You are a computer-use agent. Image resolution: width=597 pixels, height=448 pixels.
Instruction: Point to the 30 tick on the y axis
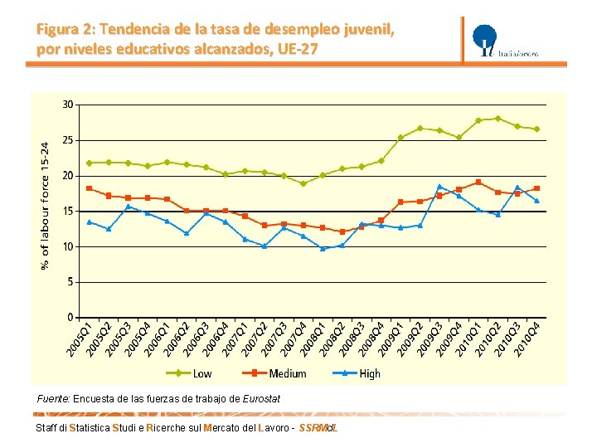pos(67,105)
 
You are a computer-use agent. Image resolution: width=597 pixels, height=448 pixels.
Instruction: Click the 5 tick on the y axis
pos(70,282)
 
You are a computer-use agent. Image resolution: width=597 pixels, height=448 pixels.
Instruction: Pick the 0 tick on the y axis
pos(70,318)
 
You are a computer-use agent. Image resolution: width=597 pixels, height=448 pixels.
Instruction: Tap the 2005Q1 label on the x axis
pos(80,340)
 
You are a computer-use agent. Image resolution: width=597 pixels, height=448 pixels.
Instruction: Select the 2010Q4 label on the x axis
pos(527,340)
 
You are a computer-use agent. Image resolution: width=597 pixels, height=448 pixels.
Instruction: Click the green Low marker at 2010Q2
pos(498,119)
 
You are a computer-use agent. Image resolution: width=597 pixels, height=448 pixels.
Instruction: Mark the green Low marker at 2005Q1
pos(89,163)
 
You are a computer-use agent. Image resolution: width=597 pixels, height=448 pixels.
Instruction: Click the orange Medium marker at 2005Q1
pos(89,188)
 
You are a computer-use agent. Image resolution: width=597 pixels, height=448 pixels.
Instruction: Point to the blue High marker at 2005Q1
pos(89,222)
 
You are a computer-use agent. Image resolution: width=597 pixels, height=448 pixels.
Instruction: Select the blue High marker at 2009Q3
pos(439,187)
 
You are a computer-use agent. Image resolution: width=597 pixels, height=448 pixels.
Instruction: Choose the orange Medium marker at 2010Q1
pos(478,182)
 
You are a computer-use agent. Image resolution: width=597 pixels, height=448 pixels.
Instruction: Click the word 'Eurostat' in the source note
pos(261,399)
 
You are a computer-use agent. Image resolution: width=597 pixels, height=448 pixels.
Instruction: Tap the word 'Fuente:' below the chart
pos(53,399)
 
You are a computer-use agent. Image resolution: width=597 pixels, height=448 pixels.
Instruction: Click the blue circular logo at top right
pos(484,39)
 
